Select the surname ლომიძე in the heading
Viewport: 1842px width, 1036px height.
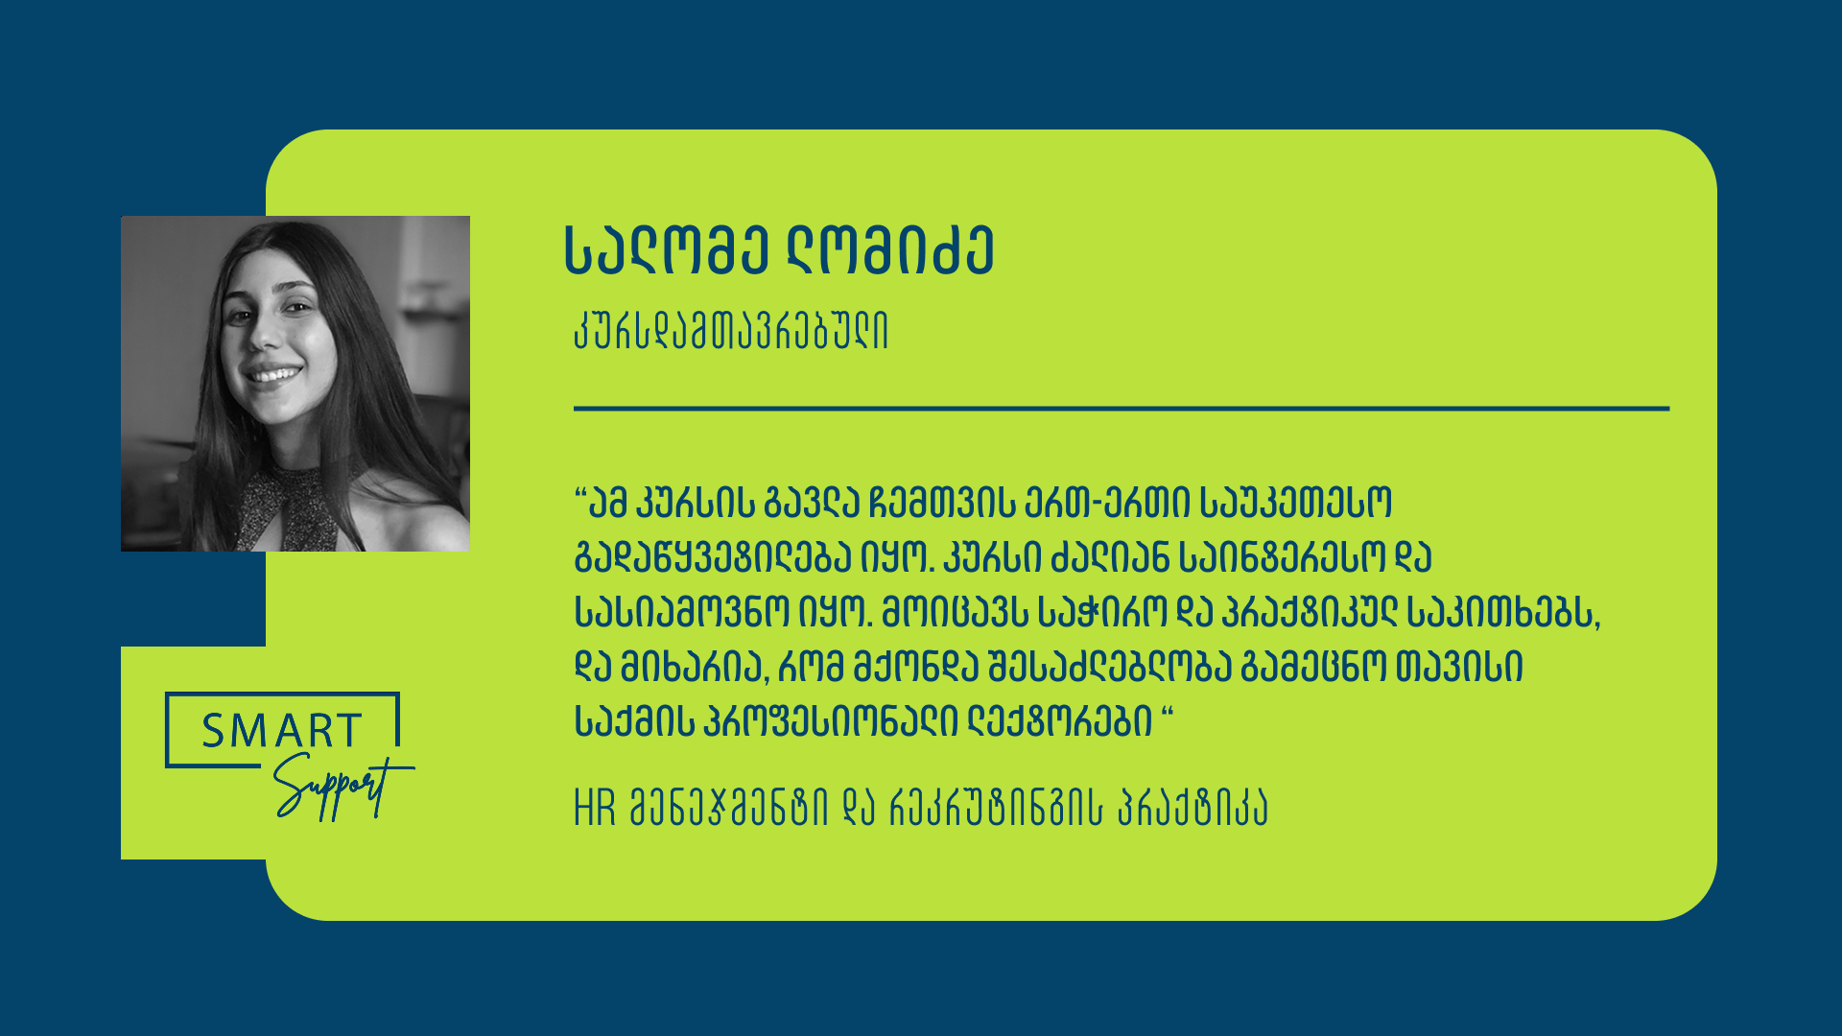pyautogui.click(x=890, y=251)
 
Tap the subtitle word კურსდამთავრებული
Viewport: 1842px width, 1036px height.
pyautogui.click(x=731, y=332)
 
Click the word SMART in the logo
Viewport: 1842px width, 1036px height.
pyautogui.click(x=281, y=731)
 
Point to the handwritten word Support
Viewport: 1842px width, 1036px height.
pyautogui.click(x=342, y=787)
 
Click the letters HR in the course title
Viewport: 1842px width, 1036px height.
pyautogui.click(x=595, y=809)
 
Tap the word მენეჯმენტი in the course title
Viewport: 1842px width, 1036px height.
pyautogui.click(x=728, y=809)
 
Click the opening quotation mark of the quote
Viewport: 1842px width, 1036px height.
pyautogui.click(x=580, y=494)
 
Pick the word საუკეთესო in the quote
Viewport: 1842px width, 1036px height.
pyautogui.click(x=1295, y=503)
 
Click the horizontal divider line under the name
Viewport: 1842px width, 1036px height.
pyautogui.click(x=1122, y=409)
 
